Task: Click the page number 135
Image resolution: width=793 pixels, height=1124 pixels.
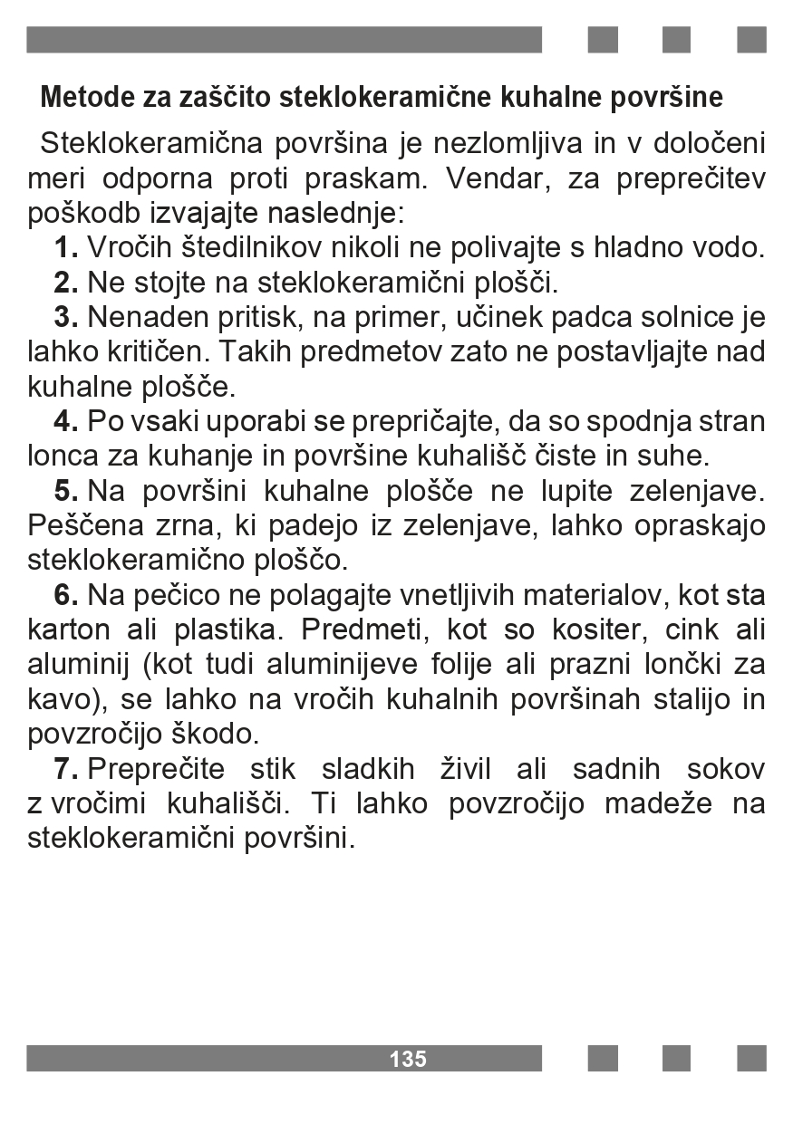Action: pos(408,1059)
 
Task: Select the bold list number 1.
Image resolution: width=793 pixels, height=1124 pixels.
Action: pos(66,247)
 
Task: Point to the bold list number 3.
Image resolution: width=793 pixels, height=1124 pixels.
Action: pos(66,318)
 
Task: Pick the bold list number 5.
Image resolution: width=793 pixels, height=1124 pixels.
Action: pos(66,491)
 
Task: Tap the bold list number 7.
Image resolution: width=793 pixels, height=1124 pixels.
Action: pos(66,769)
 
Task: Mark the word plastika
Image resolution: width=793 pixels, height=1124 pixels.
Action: pos(225,629)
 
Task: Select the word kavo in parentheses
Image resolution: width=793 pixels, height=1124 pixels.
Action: pos(55,699)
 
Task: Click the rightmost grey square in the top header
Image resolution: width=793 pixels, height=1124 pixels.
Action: pos(751,40)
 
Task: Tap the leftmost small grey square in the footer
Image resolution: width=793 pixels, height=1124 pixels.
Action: pos(603,1059)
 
